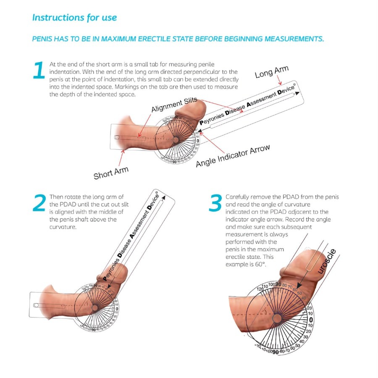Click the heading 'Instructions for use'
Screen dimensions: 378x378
pos(74,18)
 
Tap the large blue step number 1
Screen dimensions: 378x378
pos(39,70)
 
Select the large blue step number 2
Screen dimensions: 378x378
pos(39,203)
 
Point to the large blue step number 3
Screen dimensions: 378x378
pos(215,203)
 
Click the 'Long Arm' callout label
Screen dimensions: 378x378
pos(272,72)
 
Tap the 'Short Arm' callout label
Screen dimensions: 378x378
pos(111,171)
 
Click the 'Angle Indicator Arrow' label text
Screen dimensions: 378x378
pos(233,155)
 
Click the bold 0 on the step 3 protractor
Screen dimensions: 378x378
pos(311,320)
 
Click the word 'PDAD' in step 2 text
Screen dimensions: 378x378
pos(59,204)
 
